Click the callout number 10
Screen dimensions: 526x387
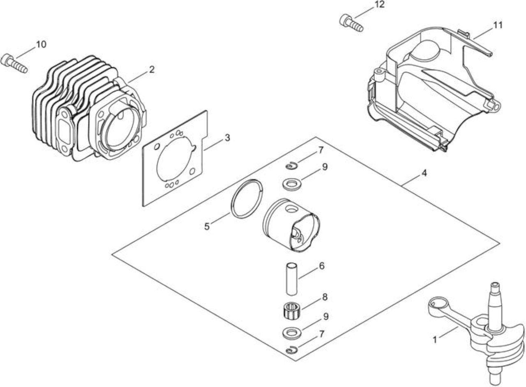41,44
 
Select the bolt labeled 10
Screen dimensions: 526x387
14,63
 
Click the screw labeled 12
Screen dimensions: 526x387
351,23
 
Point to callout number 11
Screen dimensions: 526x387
498,25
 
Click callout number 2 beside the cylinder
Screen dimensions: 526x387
152,69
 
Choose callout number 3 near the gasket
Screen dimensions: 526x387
227,138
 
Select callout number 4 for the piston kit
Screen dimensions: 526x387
424,173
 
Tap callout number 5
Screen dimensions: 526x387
207,227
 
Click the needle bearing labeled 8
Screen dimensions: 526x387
291,310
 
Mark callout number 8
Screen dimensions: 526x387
325,297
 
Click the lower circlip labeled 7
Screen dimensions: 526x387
292,350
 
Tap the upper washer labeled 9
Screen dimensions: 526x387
292,184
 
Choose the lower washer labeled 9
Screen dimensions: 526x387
292,333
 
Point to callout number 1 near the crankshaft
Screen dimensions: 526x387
435,340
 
